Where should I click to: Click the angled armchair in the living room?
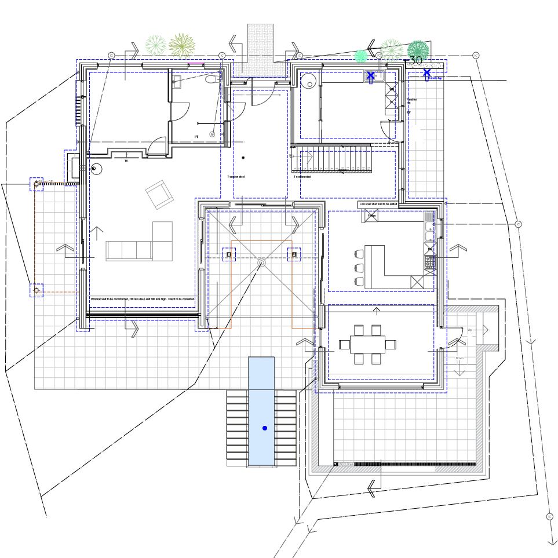[159, 195]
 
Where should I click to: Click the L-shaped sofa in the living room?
[141, 246]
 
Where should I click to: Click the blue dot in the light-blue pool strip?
[265, 428]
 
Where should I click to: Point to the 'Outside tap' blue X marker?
[427, 73]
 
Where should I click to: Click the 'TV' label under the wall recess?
[126, 161]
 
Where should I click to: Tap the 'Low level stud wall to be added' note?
[378, 204]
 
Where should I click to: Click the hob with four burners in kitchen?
[430, 262]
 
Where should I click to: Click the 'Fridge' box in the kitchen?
[371, 216]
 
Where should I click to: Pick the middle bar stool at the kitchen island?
[359, 268]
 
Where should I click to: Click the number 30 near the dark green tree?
[415, 61]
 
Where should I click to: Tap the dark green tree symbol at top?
[418, 50]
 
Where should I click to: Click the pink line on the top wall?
[196, 61]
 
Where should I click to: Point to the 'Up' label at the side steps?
[469, 330]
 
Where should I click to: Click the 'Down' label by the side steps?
[459, 358]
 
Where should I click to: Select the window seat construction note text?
[142, 299]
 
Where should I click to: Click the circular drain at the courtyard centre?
[261, 262]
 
